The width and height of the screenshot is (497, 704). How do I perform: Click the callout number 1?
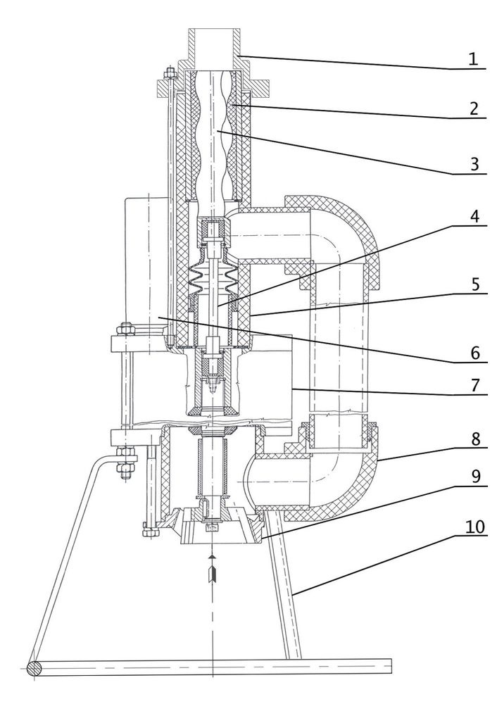(473, 59)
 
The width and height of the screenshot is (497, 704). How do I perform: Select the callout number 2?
(474, 108)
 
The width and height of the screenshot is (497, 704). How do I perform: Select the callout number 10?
(475, 527)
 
